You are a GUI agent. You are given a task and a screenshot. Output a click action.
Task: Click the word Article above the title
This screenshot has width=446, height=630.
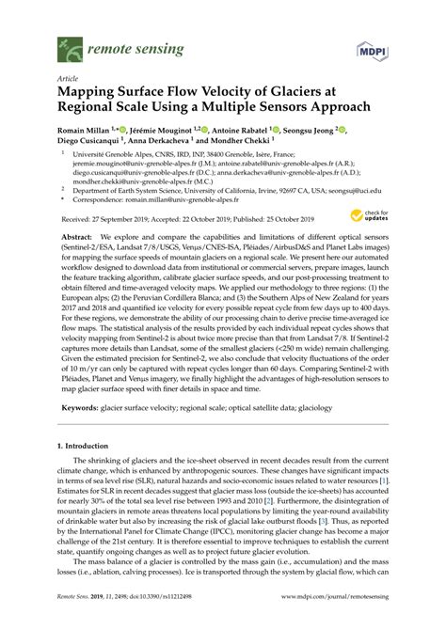click(x=68, y=80)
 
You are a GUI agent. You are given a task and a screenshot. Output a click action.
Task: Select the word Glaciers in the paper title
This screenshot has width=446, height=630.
click(x=288, y=94)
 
